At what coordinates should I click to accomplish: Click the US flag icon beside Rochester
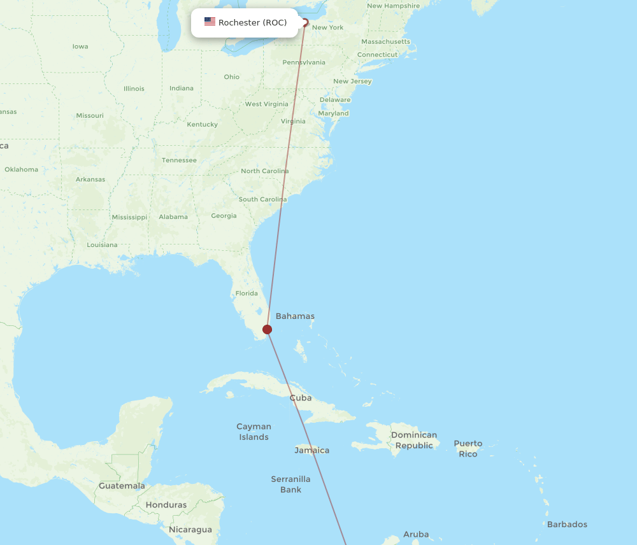[210, 22]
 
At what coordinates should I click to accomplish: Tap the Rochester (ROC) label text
[252, 23]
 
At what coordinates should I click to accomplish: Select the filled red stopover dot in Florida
[268, 329]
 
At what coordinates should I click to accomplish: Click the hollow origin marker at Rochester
[305, 23]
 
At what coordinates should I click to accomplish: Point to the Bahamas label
[295, 316]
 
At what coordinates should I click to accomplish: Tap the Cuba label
[301, 398]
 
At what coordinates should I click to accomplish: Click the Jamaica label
[312, 450]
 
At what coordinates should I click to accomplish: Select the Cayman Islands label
[254, 432]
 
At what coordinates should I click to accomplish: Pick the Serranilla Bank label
[290, 485]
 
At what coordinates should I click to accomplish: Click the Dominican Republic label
[414, 440]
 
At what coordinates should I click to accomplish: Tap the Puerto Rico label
[468, 448]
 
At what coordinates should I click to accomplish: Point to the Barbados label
[567, 525]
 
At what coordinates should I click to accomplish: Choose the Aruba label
[416, 534]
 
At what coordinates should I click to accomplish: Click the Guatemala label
[122, 486]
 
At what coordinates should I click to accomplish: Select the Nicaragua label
[190, 530]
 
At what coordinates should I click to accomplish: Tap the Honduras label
[166, 505]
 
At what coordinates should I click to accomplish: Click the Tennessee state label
[179, 160]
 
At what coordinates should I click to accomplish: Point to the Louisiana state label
[102, 245]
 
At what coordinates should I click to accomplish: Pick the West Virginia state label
[266, 104]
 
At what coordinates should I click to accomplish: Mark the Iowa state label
[80, 46]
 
